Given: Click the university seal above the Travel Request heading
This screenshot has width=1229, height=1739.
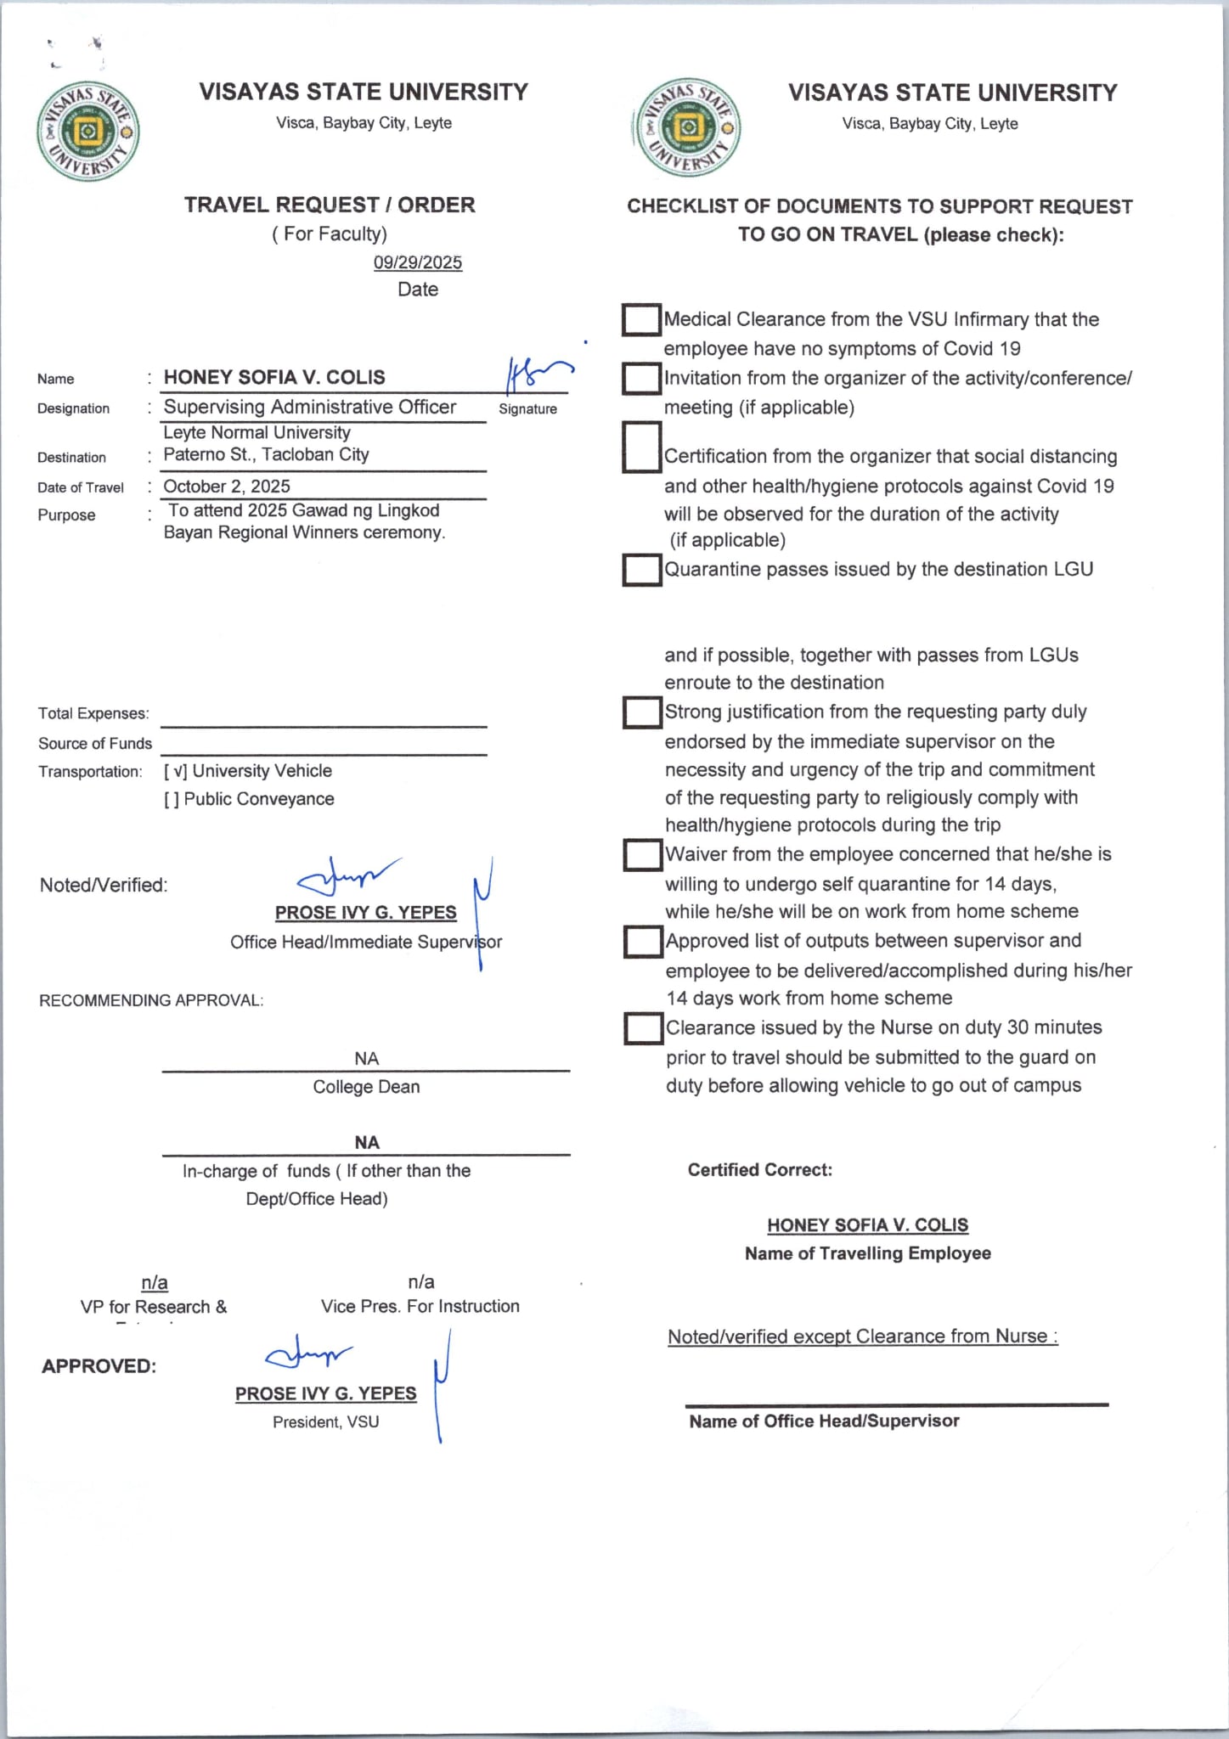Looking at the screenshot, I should coord(87,132).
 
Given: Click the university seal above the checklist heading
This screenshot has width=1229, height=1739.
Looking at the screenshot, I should coord(687,128).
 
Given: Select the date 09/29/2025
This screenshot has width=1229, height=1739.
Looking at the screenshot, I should coord(418,262).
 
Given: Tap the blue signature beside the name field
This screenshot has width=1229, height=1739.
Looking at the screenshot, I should coord(536,374).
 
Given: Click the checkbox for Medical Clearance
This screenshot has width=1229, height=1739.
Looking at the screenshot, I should coord(641,320).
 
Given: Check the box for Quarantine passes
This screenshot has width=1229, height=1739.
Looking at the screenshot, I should coord(641,570).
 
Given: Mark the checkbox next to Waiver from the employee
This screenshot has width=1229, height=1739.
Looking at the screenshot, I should coord(642,855).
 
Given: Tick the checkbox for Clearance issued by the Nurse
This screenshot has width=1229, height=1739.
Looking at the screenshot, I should coord(643,1028).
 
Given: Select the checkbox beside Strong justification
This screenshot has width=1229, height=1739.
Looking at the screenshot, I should coord(642,712).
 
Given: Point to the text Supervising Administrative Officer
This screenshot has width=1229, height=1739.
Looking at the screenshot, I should coord(310,408).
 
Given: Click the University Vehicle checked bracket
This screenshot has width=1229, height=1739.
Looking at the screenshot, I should coord(175,771).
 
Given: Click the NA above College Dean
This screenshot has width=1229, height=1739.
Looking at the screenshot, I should coord(366,1058).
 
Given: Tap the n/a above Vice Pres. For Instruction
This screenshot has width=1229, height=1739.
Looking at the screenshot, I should coord(421,1281).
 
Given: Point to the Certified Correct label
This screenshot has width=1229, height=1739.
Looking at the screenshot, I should coord(759,1170).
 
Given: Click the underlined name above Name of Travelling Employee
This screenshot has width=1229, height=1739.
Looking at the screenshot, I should coord(867,1225).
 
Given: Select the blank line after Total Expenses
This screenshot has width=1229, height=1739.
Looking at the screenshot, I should coord(324,718).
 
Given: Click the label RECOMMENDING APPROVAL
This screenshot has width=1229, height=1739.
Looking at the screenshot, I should coord(151,1000).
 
